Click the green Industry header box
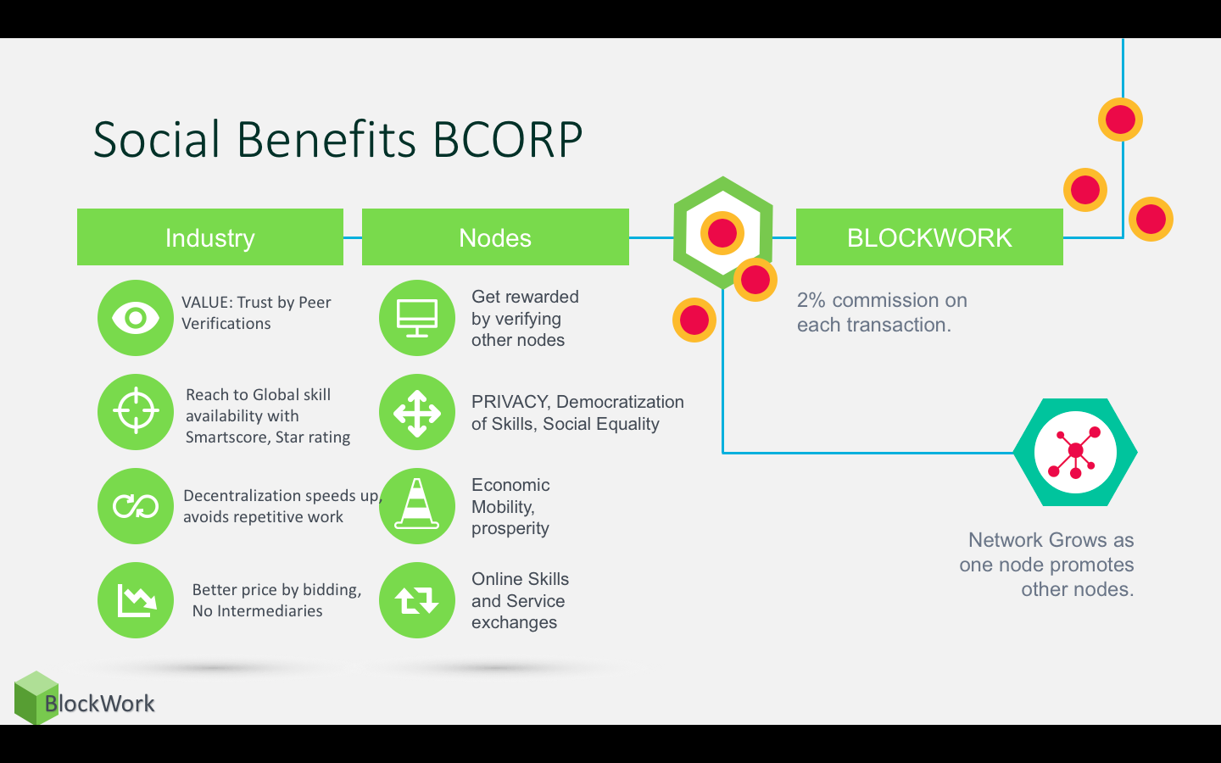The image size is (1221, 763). (209, 237)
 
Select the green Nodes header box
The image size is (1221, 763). (495, 237)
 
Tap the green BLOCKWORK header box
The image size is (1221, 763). (929, 237)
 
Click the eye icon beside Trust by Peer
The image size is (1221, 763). (136, 318)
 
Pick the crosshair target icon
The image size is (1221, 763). (136, 412)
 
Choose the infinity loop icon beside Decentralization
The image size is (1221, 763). (136, 506)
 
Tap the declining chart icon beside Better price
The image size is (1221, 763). (136, 600)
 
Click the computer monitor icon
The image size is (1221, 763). (417, 318)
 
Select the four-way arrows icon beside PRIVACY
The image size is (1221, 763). (417, 412)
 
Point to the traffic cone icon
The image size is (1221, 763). (417, 506)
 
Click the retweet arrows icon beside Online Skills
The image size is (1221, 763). (417, 600)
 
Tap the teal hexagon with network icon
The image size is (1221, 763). (1075, 452)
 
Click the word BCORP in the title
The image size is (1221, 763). (508, 140)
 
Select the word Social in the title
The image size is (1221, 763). (157, 140)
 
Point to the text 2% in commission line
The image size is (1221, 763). (811, 300)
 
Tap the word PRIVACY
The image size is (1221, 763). (510, 402)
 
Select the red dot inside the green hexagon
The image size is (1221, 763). (722, 232)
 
